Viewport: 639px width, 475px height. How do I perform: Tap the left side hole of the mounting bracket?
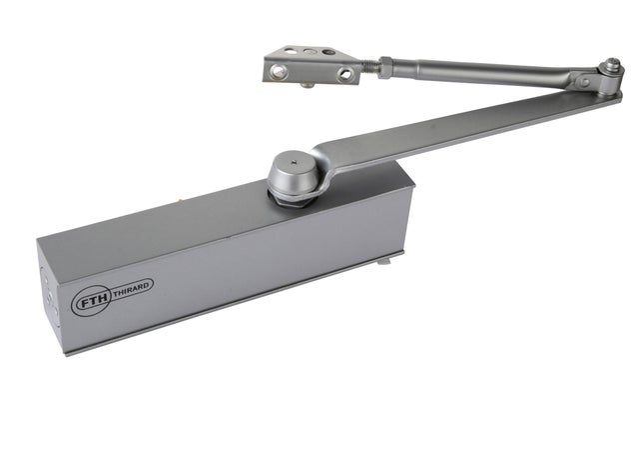click(283, 69)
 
